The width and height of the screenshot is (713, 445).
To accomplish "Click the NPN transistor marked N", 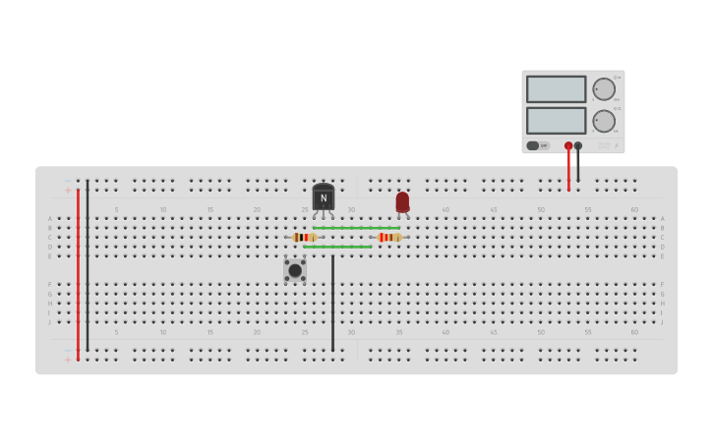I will point(323,197).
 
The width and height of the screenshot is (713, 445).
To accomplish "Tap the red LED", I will point(402,201).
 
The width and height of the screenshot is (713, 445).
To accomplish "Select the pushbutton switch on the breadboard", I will point(295,270).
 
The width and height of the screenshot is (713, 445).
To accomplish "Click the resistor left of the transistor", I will point(304,237).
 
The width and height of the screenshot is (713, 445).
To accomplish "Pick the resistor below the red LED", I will point(389,237).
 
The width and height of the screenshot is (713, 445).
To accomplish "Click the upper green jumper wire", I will point(356,228).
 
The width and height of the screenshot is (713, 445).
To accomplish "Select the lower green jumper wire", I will point(337,247).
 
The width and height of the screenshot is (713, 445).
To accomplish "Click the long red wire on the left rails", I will point(78,275).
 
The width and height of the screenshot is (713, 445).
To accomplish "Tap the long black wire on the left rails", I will point(88,265).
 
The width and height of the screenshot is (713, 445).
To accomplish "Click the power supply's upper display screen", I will point(556,89).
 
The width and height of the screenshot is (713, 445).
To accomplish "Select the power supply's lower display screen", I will point(556,121).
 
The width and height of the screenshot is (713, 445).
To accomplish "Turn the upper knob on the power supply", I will point(604,89).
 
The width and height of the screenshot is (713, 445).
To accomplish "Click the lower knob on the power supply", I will point(604,121).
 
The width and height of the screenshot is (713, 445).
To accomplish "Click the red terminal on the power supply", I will point(568,145).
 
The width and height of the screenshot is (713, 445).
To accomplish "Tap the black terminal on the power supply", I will point(578,145).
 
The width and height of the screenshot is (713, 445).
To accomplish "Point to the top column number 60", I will point(634,209).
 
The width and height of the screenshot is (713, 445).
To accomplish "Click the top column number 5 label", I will point(116,209).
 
